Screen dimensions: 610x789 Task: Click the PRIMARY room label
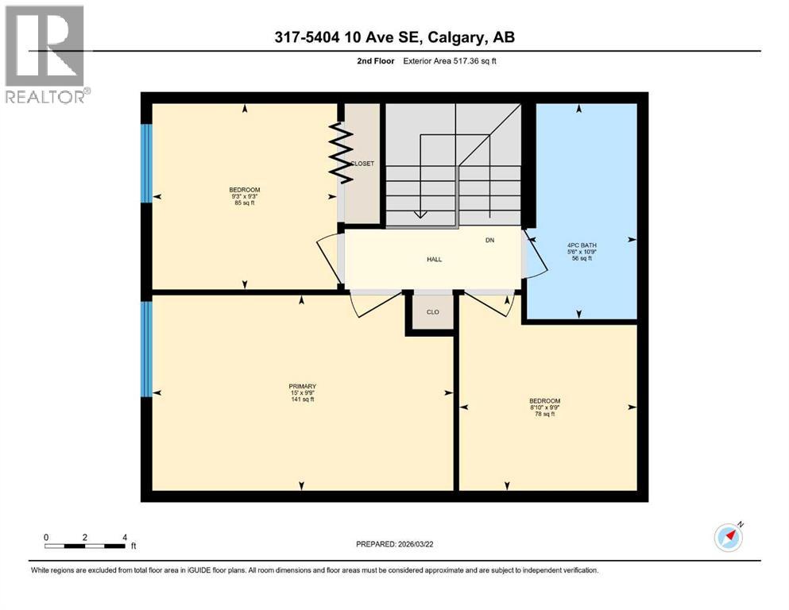tap(303, 386)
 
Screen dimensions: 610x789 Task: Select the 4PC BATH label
tap(582, 245)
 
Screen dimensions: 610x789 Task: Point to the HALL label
tap(434, 259)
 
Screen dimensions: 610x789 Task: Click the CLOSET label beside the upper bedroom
tap(362, 164)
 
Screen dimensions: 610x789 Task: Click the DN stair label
tap(490, 240)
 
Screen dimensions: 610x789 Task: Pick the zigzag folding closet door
tap(341, 152)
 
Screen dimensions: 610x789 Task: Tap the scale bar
tap(85, 546)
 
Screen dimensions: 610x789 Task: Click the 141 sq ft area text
tap(302, 400)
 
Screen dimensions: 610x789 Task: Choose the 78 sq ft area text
tap(545, 414)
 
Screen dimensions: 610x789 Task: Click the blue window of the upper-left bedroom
tap(145, 163)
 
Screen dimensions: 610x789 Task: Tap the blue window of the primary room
tap(145, 349)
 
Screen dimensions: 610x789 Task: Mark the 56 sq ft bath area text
tap(582, 259)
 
